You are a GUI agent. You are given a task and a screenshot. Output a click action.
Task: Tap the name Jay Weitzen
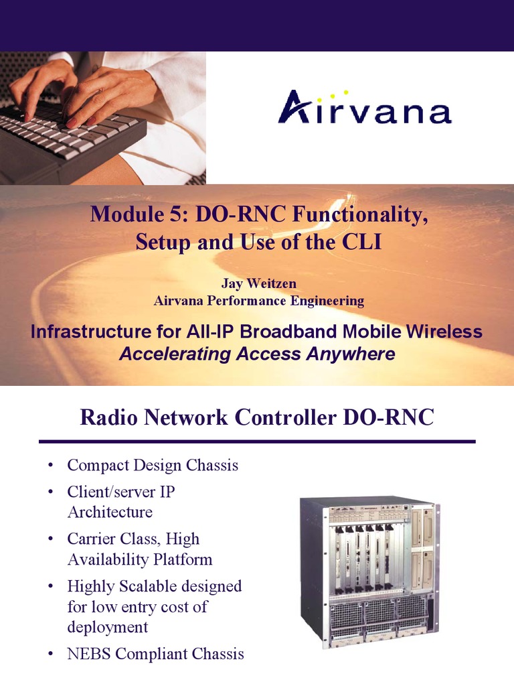click(258, 284)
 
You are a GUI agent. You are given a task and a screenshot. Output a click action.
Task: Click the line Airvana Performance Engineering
click(258, 301)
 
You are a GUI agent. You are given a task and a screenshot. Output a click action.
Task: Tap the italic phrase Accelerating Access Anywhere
click(257, 354)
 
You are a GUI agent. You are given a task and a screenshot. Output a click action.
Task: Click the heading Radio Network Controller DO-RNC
click(257, 417)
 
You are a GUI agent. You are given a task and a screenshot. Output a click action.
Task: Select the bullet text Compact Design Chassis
click(153, 465)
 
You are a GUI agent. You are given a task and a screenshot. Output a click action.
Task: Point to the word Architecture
click(110, 512)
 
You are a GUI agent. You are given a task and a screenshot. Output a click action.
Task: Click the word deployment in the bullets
click(108, 627)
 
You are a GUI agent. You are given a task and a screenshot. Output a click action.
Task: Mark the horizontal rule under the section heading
click(257, 441)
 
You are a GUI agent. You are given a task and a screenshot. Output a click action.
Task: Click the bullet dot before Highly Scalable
click(51, 587)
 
